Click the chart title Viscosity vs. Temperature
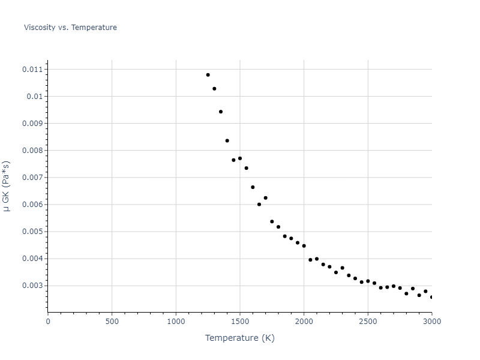tap(70, 28)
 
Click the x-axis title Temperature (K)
tap(239, 338)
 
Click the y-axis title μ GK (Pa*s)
tap(7, 186)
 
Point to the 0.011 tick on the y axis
tap(33, 70)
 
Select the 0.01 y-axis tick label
tap(35, 97)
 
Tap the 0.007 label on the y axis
tap(33, 178)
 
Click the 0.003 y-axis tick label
tap(33, 286)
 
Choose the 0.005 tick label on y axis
tap(33, 232)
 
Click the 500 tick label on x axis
tap(112, 321)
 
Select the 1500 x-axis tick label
tap(239, 321)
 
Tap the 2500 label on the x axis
tap(368, 321)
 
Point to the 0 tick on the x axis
tap(48, 321)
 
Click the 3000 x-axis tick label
tap(431, 321)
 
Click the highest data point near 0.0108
tap(208, 75)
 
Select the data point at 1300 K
tap(214, 89)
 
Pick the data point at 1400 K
tap(227, 141)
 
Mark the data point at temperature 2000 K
tap(304, 246)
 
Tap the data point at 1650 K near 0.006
tap(259, 205)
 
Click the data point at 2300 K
tap(342, 268)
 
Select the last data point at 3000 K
tap(431, 297)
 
